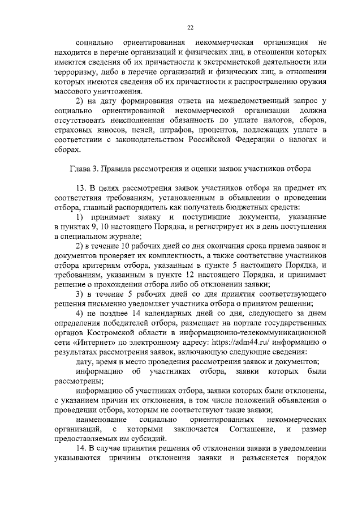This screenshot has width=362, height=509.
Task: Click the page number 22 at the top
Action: point(191,27)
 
